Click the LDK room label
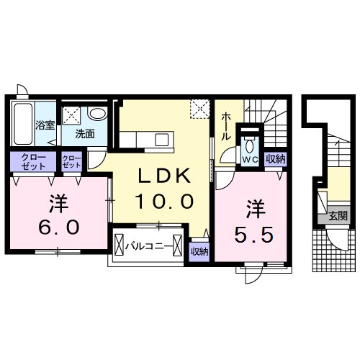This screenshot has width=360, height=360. point(163,176)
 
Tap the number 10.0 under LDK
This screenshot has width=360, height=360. point(164,202)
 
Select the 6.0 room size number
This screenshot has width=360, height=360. point(59,227)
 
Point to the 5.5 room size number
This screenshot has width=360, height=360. point(253,235)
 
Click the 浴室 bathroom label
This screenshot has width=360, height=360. point(45,125)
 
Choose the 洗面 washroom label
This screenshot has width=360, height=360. point(85,134)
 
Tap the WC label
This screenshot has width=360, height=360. point(250,159)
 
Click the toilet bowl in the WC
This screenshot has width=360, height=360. point(250,145)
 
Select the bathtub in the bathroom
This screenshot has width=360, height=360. point(23,124)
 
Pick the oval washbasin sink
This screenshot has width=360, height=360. point(97,113)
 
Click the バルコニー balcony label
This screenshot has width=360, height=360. point(149,246)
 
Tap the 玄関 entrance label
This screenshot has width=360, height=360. point(338,216)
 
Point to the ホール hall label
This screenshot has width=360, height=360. point(225,127)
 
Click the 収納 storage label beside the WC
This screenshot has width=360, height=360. point(276,159)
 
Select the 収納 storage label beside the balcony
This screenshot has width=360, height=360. point(199,251)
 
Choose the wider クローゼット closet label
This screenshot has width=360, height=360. point(33,162)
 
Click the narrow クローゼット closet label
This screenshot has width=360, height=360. point(71,161)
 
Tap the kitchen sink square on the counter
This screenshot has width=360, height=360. point(161,140)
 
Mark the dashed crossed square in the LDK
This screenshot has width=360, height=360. point(200,109)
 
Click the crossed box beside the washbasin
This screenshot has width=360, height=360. point(71,115)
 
